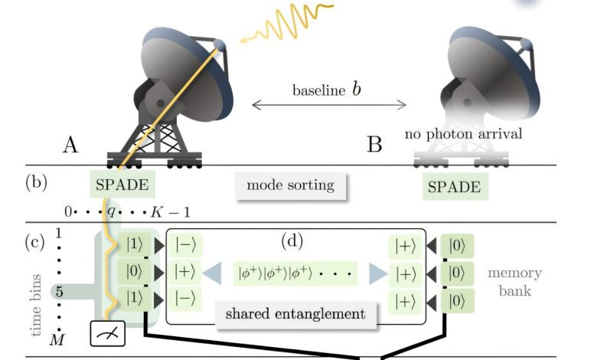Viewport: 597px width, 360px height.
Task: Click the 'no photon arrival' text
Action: [x=465, y=134]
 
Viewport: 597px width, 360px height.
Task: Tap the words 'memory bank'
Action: [x=514, y=282]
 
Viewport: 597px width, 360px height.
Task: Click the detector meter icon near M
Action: [x=105, y=334]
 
